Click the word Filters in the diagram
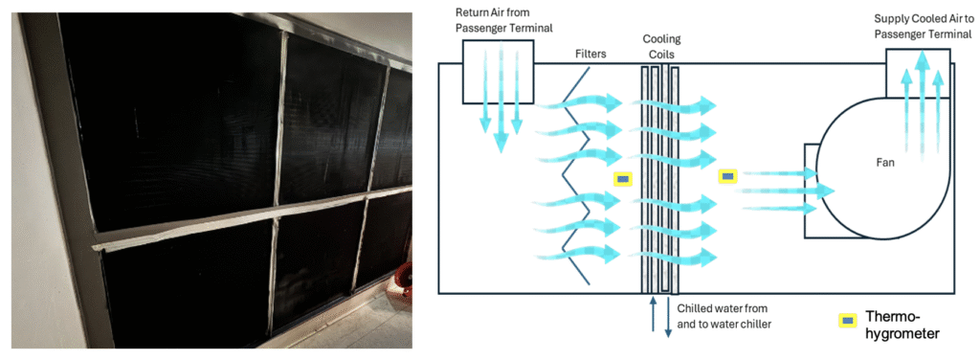590,55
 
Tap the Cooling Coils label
662,48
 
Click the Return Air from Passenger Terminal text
496,21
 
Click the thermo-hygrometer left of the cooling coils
622,180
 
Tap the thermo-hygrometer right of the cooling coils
727,177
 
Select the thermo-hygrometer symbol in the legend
847,321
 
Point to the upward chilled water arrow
653,314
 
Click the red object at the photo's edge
405,281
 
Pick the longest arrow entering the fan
788,190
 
